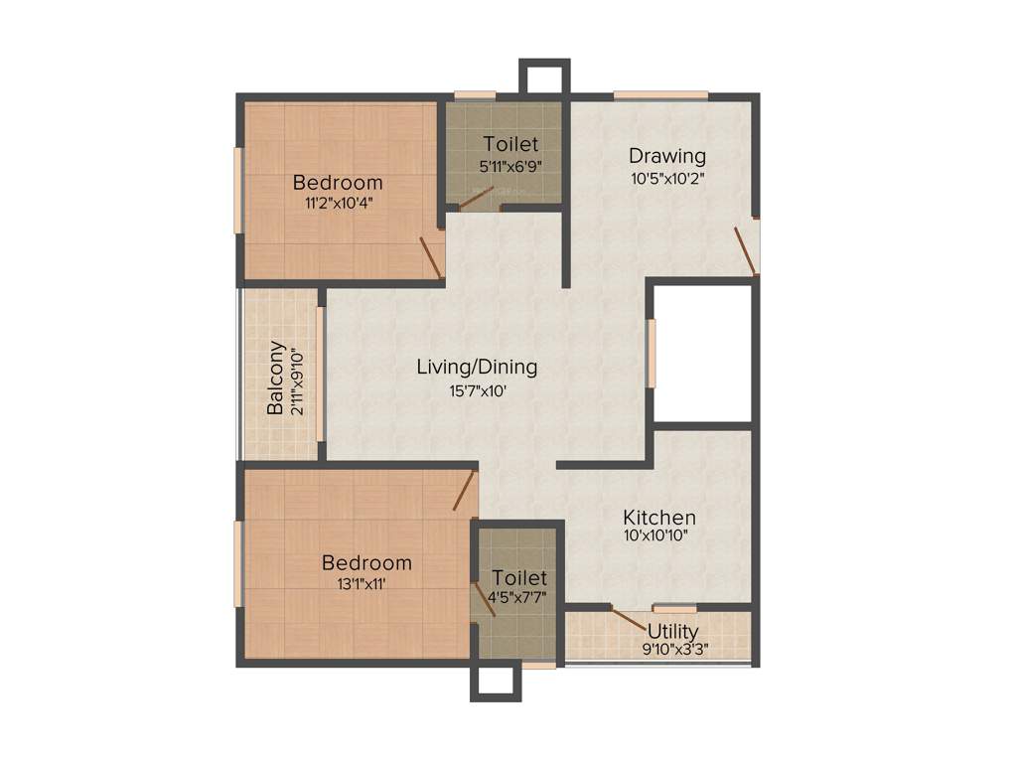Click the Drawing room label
[667, 156]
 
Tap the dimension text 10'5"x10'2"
[667, 180]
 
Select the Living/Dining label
[477, 367]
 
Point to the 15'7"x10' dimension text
[477, 390]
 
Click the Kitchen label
[659, 518]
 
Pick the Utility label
[673, 631]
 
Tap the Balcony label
[276, 379]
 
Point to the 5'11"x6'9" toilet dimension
[510, 167]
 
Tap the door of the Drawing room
[745, 250]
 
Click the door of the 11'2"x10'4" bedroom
[431, 257]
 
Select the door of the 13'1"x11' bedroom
[465, 491]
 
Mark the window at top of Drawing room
[660, 95]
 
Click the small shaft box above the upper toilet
[544, 77]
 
